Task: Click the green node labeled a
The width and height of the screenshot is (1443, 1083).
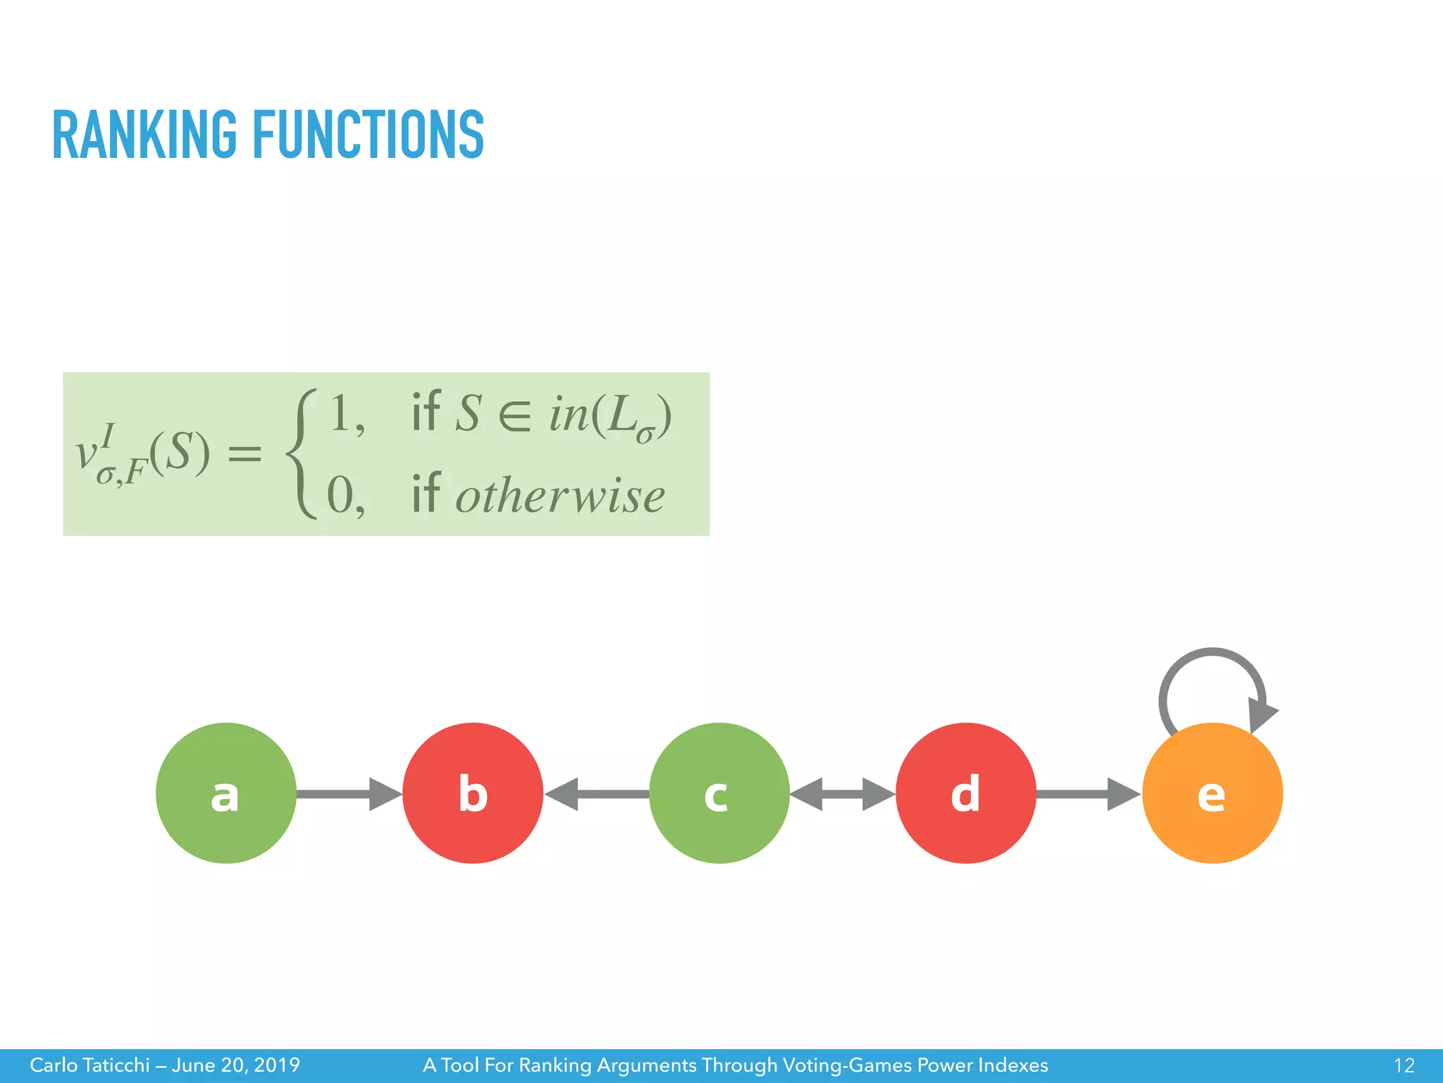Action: point(225,793)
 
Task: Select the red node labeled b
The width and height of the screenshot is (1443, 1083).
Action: point(472,793)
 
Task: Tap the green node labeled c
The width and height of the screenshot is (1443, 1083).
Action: point(719,793)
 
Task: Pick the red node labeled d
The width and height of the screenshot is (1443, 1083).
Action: point(965,793)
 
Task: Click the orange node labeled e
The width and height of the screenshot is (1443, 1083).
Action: point(1212,793)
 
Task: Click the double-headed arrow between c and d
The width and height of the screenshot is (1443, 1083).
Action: point(842,794)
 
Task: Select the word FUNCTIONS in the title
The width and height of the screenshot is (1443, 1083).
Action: point(368,135)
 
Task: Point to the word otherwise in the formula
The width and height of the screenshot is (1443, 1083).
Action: point(560,496)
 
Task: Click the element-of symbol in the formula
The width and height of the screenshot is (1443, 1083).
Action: point(514,416)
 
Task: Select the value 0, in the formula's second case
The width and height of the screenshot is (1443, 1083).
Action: point(345,496)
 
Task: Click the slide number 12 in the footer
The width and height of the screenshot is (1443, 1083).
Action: point(1404,1065)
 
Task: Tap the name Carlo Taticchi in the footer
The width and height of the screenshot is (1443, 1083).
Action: point(89,1065)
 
